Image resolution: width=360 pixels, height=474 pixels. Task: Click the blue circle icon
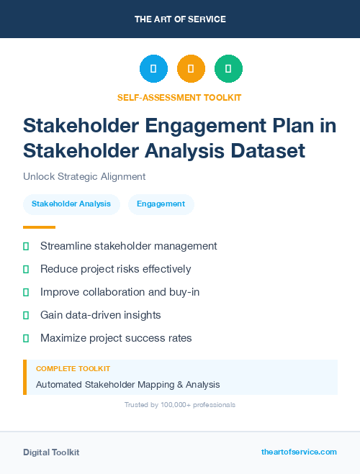(153, 69)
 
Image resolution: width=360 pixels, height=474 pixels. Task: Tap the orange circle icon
(191, 69)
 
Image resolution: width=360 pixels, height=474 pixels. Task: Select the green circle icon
(228, 69)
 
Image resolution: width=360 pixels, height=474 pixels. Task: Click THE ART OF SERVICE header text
(180, 19)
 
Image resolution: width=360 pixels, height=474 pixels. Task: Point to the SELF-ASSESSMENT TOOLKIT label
(179, 97)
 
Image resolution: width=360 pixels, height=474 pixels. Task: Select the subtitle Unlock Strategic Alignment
(84, 176)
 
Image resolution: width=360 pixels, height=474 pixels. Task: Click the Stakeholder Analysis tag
(71, 204)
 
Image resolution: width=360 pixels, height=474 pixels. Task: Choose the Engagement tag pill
(161, 204)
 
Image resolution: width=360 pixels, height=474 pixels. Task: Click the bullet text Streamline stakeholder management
(128, 246)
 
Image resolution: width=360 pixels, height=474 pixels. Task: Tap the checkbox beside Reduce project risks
(26, 269)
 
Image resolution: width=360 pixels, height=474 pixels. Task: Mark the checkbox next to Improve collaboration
(26, 292)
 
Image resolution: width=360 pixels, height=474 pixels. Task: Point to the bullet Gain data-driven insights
(100, 315)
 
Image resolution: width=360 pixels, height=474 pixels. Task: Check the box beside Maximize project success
(26, 338)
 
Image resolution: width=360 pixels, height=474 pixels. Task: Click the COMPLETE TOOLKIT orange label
(73, 368)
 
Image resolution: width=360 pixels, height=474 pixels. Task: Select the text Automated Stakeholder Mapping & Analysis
(127, 385)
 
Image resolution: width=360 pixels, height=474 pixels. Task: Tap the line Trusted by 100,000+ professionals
(180, 405)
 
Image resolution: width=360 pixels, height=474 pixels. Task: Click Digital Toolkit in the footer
(51, 452)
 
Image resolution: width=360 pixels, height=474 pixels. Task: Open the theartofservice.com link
(299, 452)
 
